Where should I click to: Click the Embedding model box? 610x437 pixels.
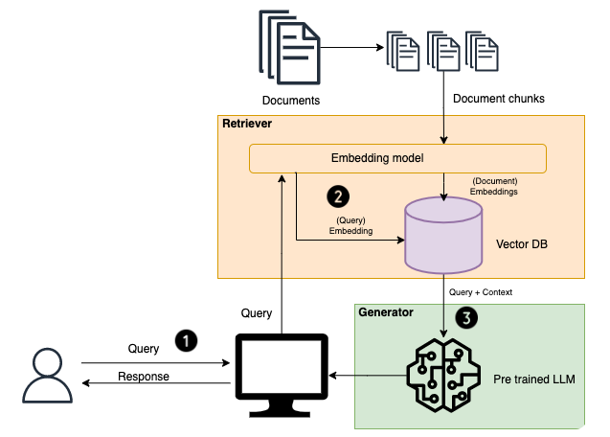397,158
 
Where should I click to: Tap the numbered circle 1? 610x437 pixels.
185,339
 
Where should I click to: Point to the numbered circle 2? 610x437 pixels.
337,196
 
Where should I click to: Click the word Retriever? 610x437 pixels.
248,125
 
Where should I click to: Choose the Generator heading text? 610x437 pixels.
387,312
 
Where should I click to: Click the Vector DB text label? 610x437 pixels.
520,245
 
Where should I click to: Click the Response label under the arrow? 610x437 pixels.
143,377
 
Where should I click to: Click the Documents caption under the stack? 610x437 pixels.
291,100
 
